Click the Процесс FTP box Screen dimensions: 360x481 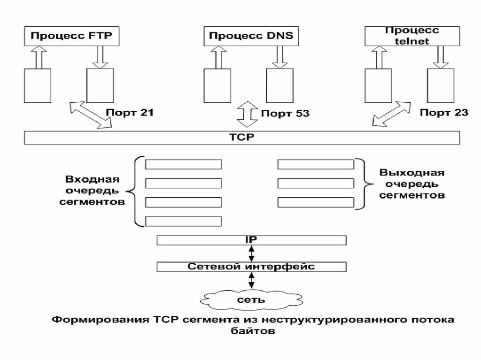pos(71,36)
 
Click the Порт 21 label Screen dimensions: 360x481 pos(130,113)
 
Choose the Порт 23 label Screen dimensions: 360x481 pos(444,113)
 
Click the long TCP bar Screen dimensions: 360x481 pos(241,138)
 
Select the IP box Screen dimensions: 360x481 pos(251,240)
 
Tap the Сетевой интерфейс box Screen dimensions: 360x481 pos(251,267)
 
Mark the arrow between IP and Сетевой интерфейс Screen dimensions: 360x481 pos(251,253)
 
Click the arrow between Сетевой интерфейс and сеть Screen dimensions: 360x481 pos(251,281)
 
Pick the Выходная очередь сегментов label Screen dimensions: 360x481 pos(411,184)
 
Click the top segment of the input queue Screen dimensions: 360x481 pos(183,164)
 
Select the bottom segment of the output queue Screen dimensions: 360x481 pos(315,202)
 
